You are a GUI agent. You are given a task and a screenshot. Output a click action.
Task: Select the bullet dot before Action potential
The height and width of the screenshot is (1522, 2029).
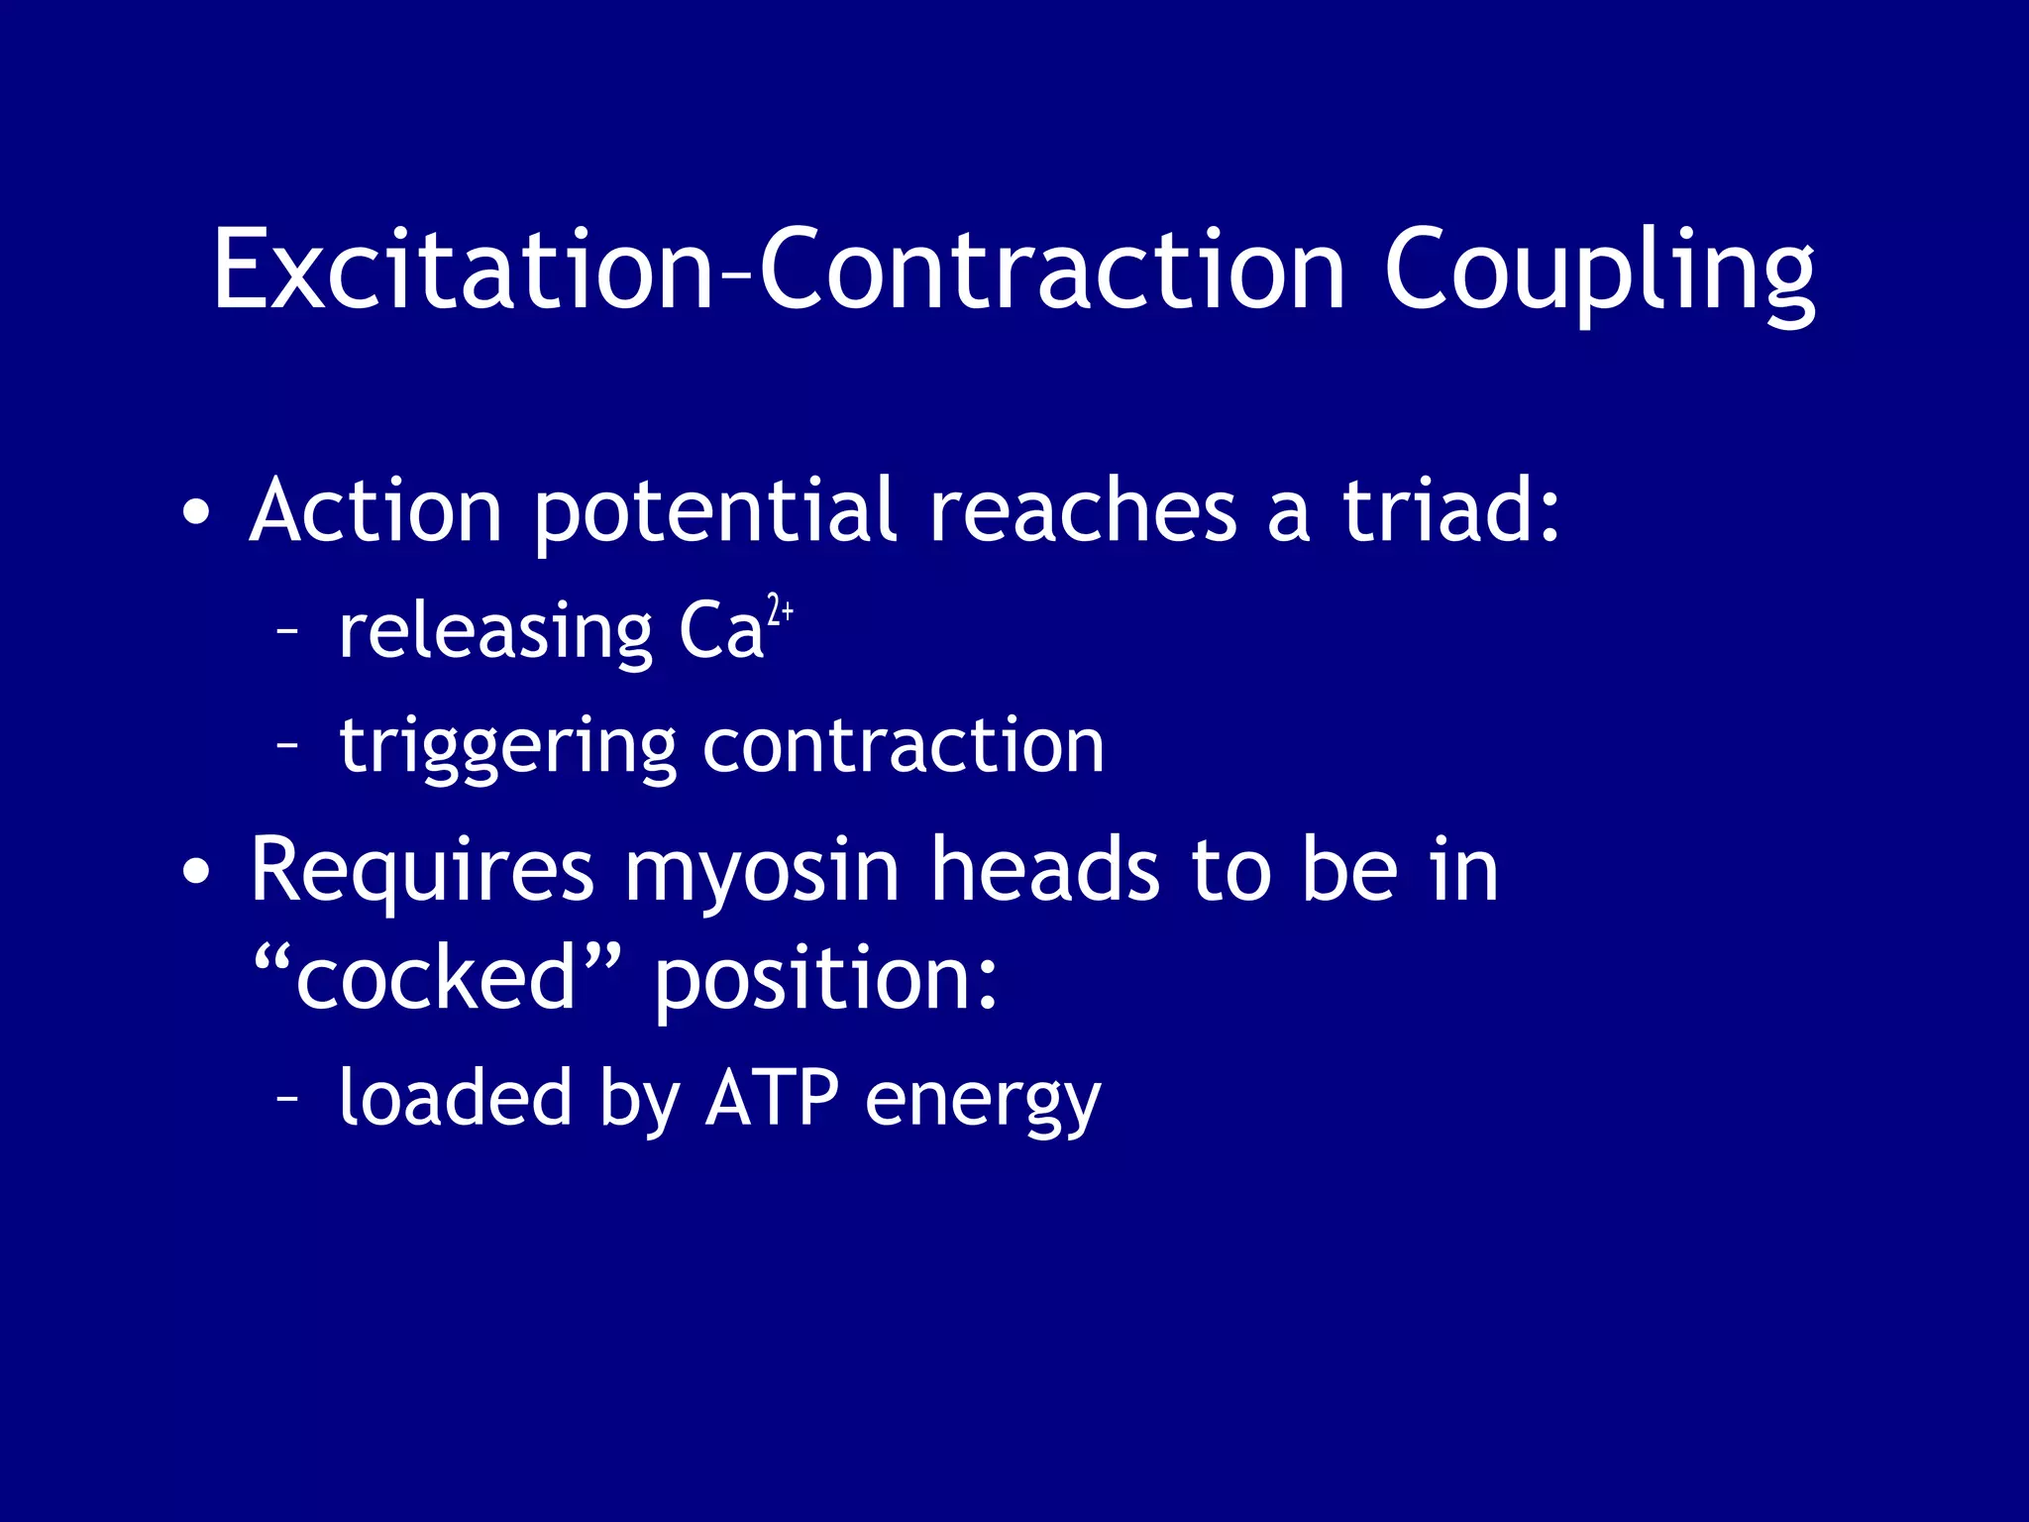(x=196, y=513)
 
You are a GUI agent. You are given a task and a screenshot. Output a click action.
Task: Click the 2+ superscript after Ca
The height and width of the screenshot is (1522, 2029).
(x=781, y=608)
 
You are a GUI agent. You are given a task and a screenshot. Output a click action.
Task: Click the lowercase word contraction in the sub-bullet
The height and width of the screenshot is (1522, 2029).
(x=903, y=746)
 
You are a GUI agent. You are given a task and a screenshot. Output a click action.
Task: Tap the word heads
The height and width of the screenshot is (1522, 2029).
(x=1045, y=870)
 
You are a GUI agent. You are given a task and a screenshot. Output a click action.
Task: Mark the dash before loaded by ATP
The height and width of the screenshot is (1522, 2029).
(x=287, y=1098)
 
